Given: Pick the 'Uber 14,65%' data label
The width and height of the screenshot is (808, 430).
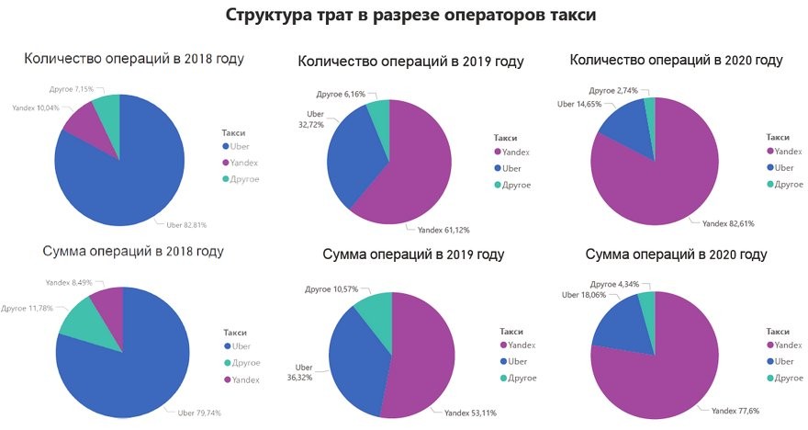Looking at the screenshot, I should tap(582, 105).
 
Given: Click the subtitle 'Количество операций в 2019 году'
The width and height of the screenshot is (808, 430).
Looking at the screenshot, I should tap(410, 62).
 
